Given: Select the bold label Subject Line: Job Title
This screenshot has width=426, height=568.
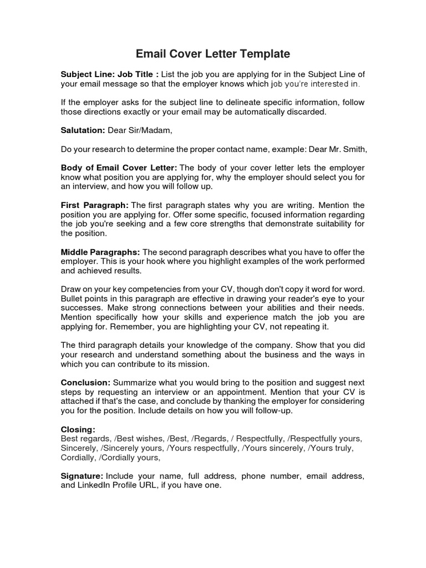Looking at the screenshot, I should pos(109,74).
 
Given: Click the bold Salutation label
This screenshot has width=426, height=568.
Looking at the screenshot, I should pos(83,130).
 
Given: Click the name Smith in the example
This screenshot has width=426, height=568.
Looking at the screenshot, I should pos(355,149).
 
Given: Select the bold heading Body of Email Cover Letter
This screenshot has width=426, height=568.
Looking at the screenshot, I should pos(119,168).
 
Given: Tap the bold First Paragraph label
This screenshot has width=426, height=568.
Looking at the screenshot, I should pos(95,205).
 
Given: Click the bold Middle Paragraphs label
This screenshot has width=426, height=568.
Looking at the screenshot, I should pos(100,252).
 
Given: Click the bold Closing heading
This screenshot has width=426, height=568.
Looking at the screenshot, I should pos(78,429).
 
